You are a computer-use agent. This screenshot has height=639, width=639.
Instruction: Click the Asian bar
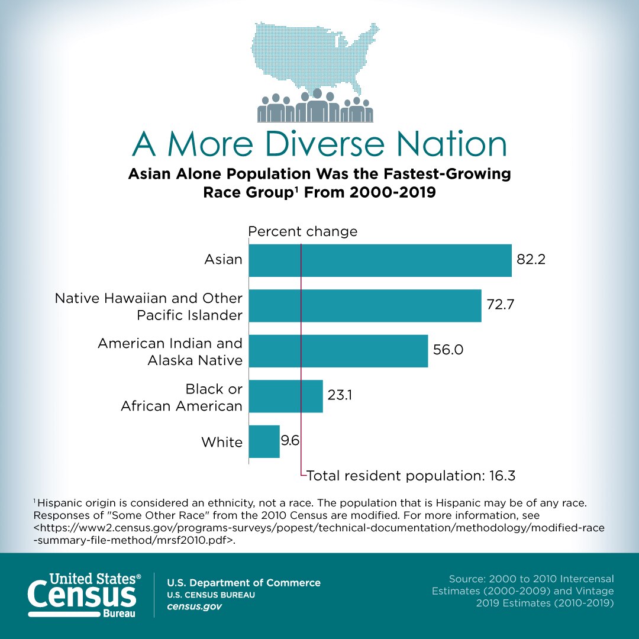(380, 260)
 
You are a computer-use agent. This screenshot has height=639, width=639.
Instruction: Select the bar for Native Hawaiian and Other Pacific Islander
(364, 305)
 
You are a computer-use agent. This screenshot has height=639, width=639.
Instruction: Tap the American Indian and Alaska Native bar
(338, 351)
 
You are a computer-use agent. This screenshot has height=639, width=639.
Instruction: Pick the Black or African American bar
(285, 396)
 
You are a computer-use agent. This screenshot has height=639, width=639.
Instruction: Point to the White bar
(264, 441)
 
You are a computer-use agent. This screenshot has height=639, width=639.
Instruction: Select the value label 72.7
(501, 305)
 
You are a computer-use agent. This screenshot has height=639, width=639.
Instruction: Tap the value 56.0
(448, 350)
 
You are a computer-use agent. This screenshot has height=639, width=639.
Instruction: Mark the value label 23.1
(340, 395)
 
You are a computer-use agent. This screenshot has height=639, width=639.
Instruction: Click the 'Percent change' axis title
(303, 231)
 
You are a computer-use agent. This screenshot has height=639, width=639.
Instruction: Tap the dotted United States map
(314, 56)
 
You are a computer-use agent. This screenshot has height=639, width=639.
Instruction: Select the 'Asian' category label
(223, 259)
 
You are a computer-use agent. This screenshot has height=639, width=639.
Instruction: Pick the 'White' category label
(222, 442)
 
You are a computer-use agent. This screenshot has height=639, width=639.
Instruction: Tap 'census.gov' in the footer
(195, 607)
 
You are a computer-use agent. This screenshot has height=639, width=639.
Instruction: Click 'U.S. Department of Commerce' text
(244, 583)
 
